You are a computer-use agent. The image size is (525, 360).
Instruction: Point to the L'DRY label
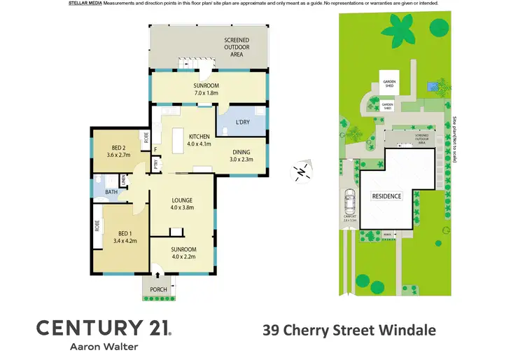(243, 123)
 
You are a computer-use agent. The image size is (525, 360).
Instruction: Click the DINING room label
(241, 151)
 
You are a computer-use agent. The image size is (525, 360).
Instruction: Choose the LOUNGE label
(181, 200)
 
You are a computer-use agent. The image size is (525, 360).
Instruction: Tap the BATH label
(111, 192)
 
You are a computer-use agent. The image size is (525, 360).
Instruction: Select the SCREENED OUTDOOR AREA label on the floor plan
(236, 46)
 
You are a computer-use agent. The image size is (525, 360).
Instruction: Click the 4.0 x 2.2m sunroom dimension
(183, 256)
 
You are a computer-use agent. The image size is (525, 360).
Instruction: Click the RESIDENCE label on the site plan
(386, 196)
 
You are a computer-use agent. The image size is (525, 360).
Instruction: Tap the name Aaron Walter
(104, 346)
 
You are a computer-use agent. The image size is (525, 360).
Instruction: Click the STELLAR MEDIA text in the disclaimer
(85, 4)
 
